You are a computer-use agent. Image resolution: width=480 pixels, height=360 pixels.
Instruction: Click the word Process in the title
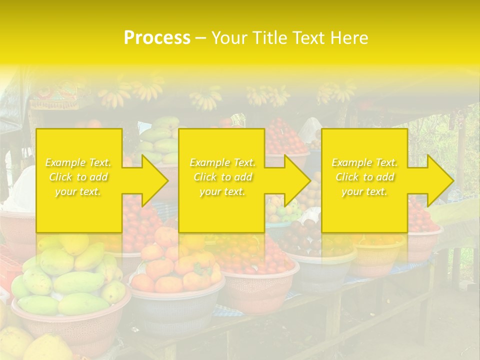point(157,38)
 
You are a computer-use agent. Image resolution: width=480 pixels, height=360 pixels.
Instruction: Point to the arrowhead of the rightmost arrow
point(440,180)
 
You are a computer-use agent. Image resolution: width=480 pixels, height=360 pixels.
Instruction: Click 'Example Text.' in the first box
point(78,162)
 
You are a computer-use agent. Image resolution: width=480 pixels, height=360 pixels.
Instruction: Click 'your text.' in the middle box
point(222,191)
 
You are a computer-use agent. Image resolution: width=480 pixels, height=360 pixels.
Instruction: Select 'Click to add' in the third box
point(364,177)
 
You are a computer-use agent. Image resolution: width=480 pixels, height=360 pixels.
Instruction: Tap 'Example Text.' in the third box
point(364,162)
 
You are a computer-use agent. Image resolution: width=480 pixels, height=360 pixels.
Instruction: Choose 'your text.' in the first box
point(78,191)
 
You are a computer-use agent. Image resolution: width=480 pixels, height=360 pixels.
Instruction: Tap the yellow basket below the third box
point(377,255)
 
